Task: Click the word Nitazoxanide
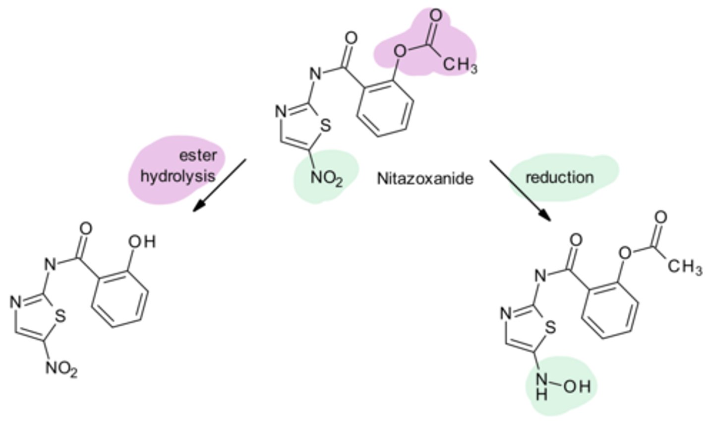coord(425,178)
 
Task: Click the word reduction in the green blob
coord(559,177)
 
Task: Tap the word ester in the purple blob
coord(198,155)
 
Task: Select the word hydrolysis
coord(178,176)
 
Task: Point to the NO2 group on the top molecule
coord(326,178)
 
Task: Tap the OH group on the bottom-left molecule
coord(142,241)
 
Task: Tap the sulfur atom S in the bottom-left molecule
coord(60,315)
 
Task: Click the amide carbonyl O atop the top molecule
coord(351,38)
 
